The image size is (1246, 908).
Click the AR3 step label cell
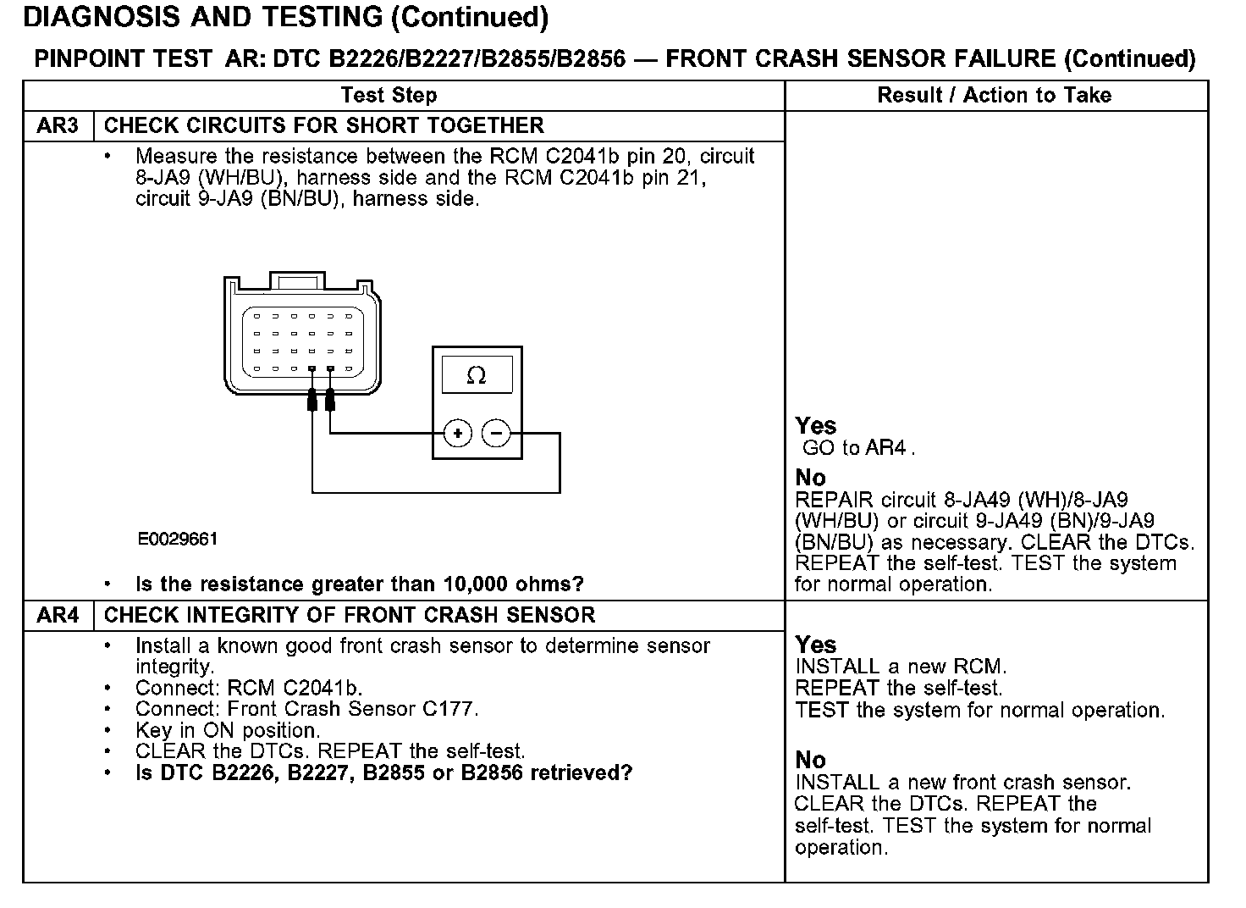click(x=58, y=126)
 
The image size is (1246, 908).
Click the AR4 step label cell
click(x=58, y=616)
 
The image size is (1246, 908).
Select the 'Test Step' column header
click(x=389, y=96)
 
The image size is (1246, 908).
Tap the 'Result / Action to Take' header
click(x=995, y=96)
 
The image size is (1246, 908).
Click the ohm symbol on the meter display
click(x=477, y=375)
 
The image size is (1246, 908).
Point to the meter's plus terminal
click(x=457, y=435)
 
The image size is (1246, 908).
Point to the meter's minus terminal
click(x=496, y=435)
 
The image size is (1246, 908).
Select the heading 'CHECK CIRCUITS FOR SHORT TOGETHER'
click(x=323, y=126)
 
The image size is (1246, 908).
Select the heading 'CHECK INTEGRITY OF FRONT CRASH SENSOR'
click(x=350, y=616)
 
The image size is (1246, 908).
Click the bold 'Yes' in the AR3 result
click(x=816, y=426)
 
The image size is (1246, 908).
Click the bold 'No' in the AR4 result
click(x=810, y=760)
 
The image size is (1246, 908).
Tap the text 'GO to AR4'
click(x=857, y=448)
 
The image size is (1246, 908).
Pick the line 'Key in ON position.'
click(x=227, y=731)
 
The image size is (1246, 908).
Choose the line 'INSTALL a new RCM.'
click(x=901, y=667)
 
